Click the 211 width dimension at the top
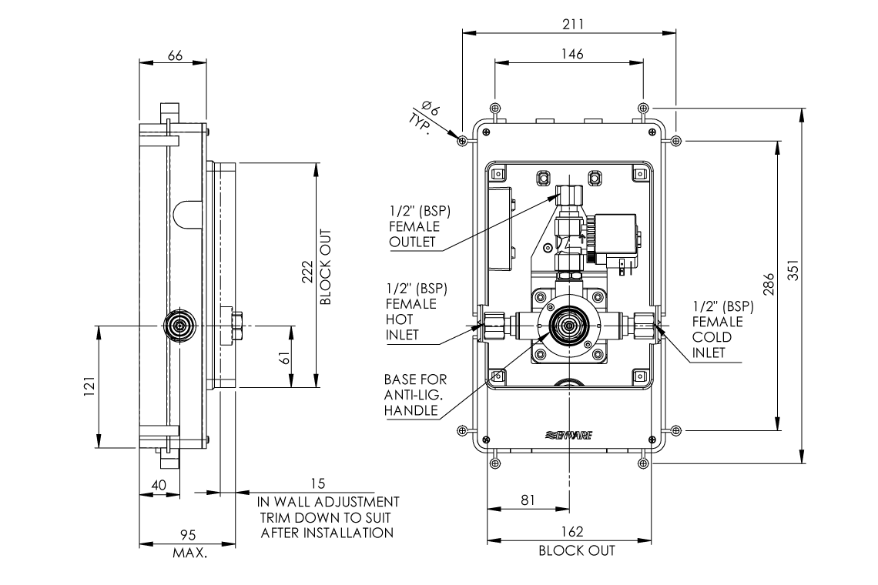pyautogui.click(x=571, y=24)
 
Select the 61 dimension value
pyautogui.click(x=284, y=357)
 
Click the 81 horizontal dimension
pyautogui.click(x=528, y=500)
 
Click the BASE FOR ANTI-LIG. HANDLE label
pyautogui.click(x=415, y=396)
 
